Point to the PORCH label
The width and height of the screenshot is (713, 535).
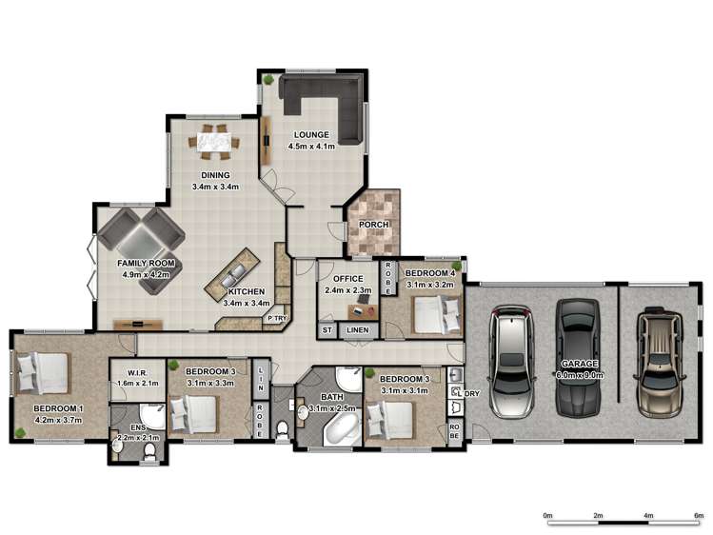pyautogui.click(x=372, y=225)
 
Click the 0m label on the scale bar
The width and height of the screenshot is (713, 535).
pyautogui.click(x=547, y=515)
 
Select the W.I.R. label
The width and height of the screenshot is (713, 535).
pyautogui.click(x=129, y=371)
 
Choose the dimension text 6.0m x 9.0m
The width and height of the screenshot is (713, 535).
pyautogui.click(x=580, y=376)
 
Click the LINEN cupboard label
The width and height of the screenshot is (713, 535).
pyautogui.click(x=357, y=329)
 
